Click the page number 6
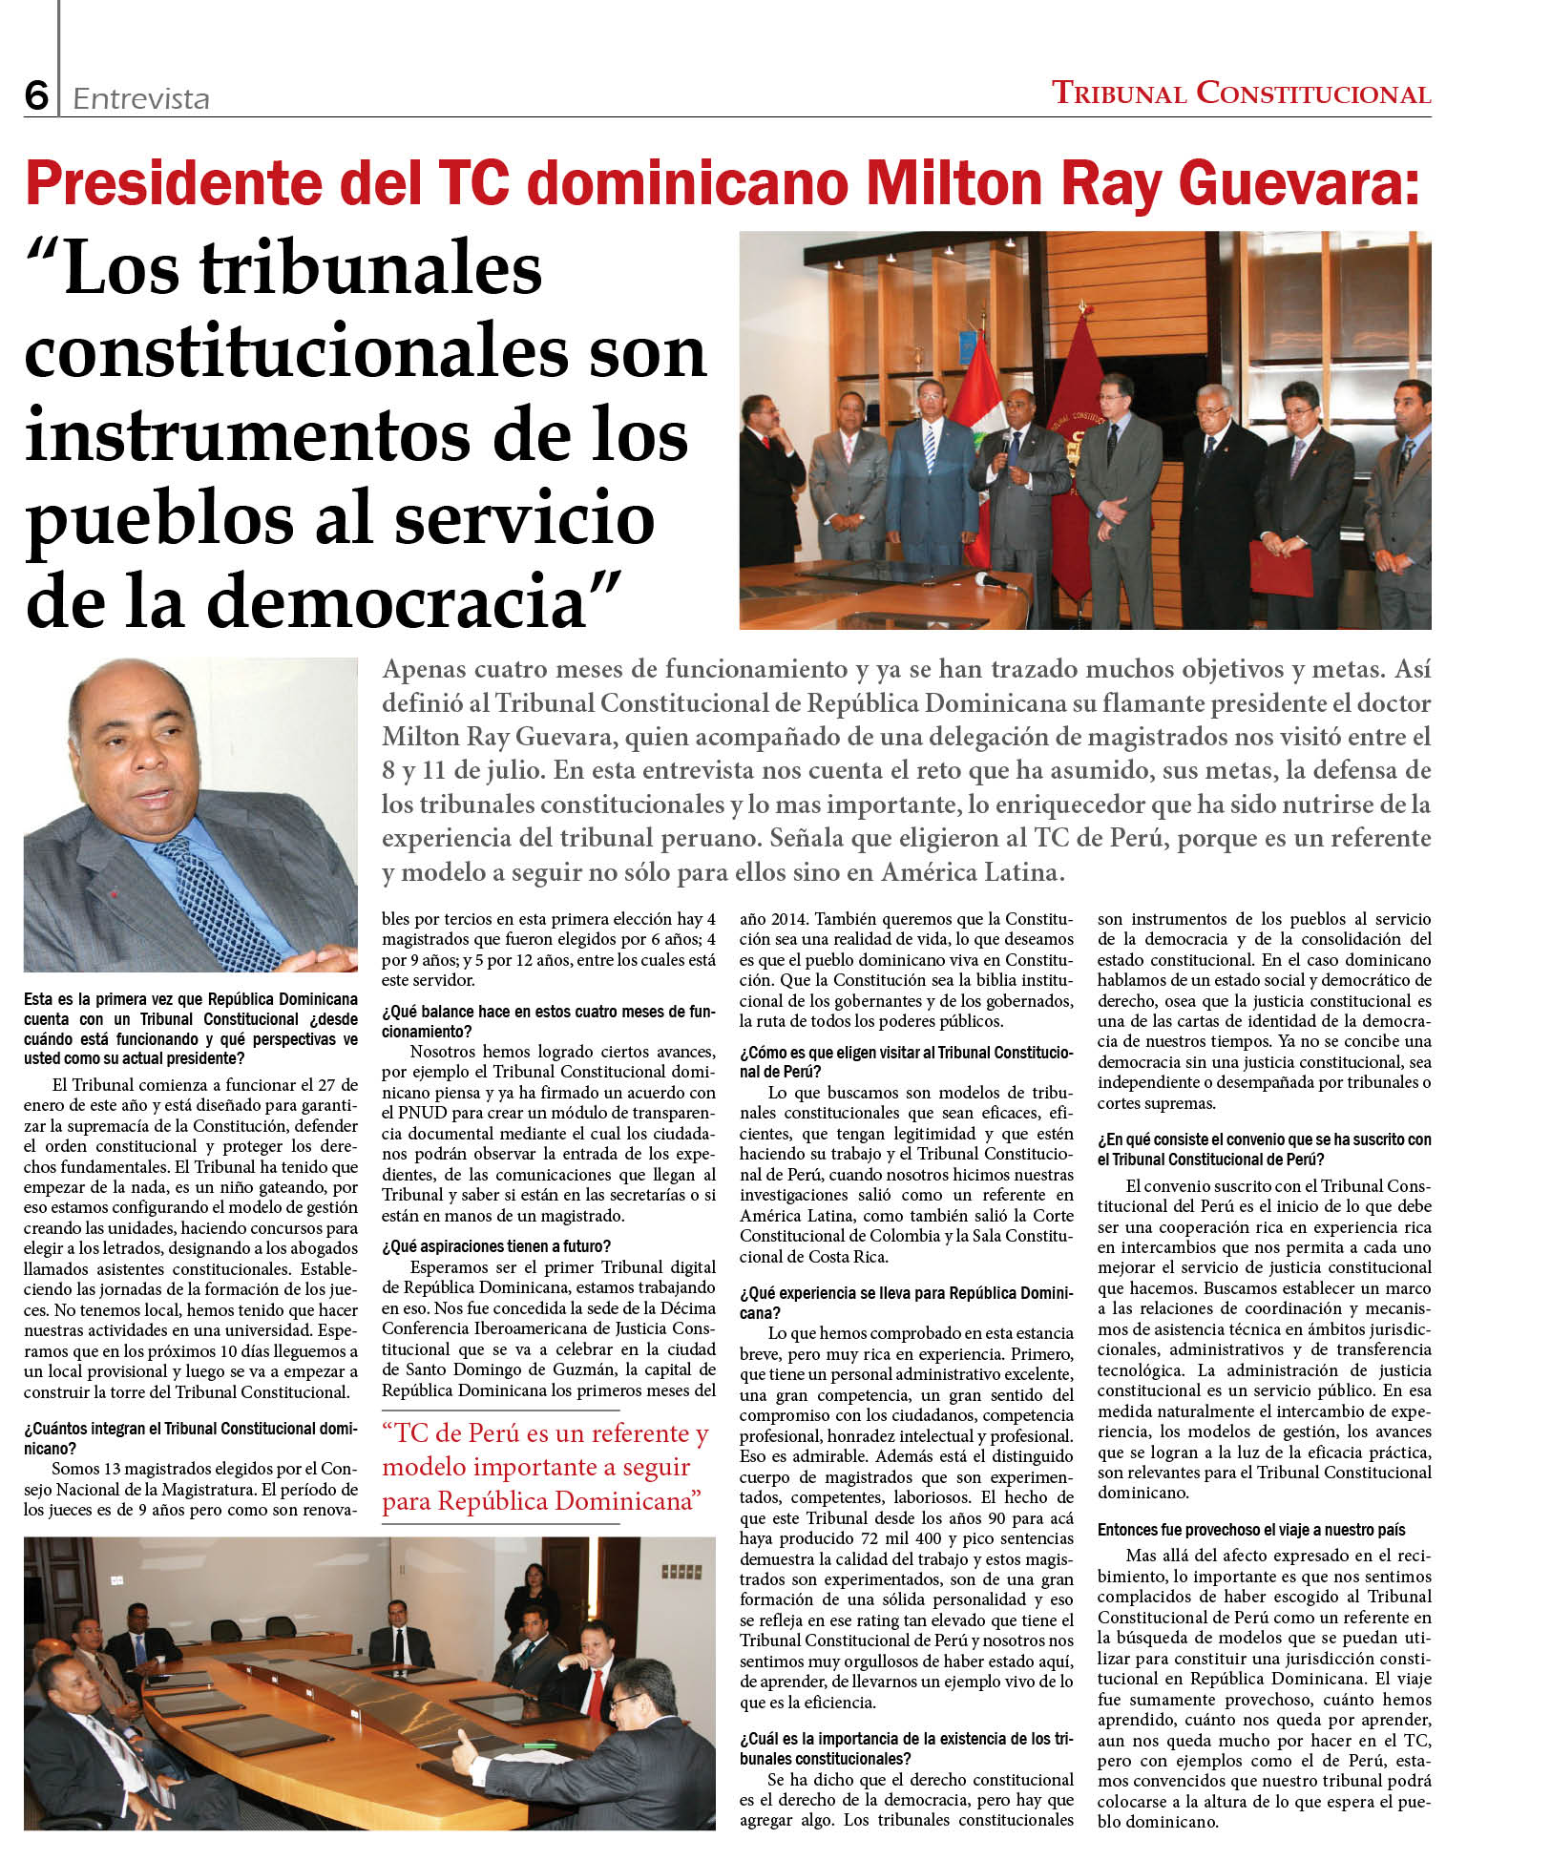[36, 95]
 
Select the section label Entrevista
[140, 98]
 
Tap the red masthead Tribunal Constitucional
[1240, 94]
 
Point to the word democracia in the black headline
[399, 601]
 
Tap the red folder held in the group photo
[1280, 567]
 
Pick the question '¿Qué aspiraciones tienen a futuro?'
[496, 1245]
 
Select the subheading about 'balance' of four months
[548, 1020]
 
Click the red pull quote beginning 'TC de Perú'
[544, 1466]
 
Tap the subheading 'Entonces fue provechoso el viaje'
[1250, 1529]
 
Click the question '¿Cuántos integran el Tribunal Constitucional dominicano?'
[190, 1437]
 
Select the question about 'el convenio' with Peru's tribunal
[1264, 1149]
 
